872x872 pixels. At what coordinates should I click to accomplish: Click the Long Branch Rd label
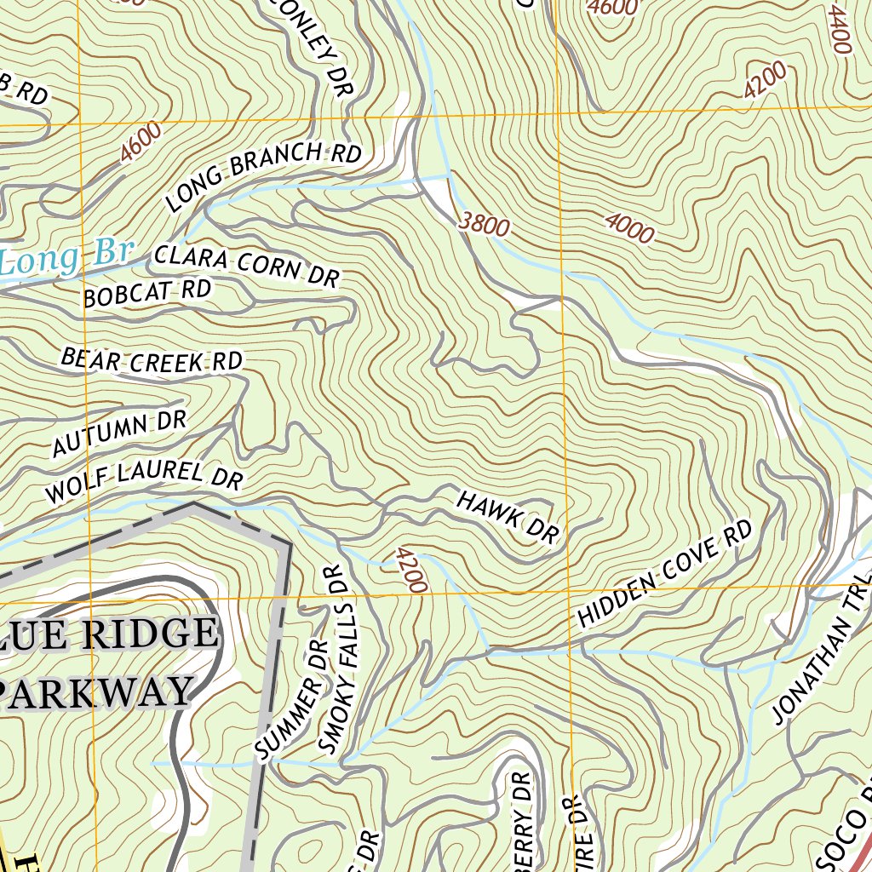coord(264,176)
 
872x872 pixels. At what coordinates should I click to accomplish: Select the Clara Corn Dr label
coord(247,265)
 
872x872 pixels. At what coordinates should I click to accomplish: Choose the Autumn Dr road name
coord(118,432)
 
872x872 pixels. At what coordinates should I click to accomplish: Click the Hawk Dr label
coord(508,516)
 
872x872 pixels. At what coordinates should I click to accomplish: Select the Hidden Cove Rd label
coord(665,575)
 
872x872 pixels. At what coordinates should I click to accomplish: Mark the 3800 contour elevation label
coord(484,224)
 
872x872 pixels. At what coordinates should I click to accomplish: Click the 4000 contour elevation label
coord(629,228)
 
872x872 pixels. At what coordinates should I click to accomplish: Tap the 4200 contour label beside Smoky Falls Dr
coord(410,570)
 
